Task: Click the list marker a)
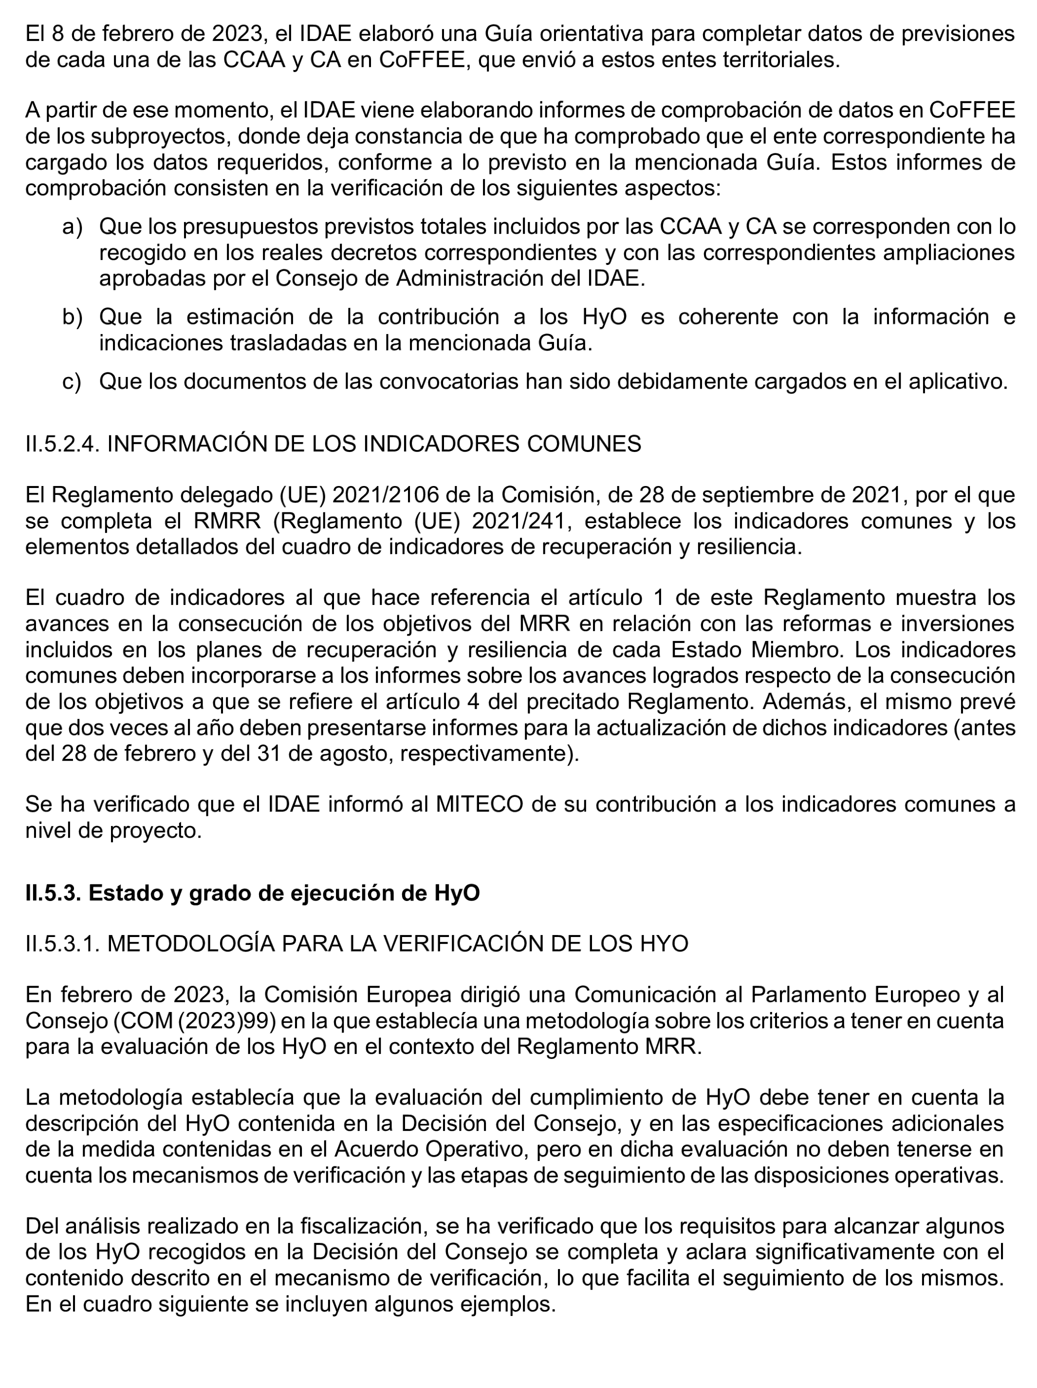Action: [72, 226]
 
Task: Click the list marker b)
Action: [72, 317]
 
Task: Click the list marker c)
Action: [72, 381]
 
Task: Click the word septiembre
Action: [712, 495]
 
